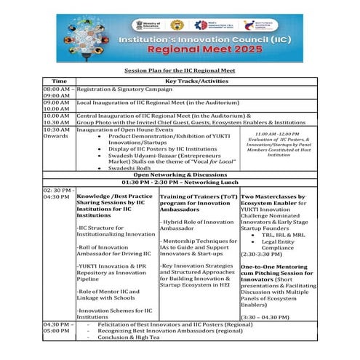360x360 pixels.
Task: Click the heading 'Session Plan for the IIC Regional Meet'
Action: (180, 71)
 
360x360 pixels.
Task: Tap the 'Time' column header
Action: (59, 81)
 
